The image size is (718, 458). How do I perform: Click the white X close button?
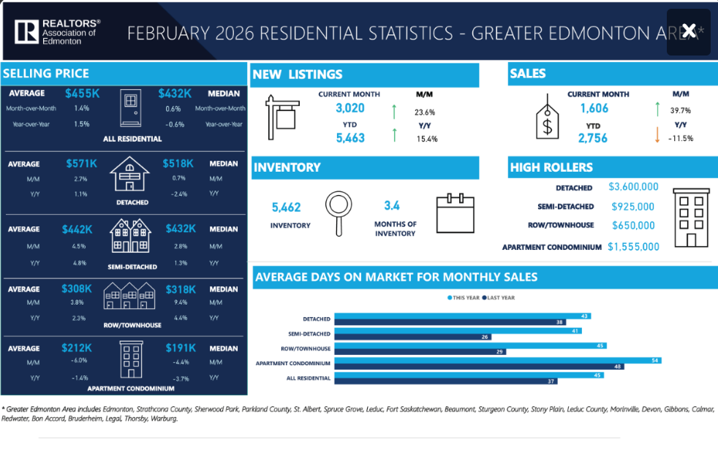tap(688, 31)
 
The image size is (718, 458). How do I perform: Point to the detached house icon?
tap(129, 174)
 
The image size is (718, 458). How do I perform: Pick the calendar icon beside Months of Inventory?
tap(456, 213)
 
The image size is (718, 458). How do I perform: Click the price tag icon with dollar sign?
tap(548, 118)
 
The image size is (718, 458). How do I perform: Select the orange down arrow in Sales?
tap(657, 135)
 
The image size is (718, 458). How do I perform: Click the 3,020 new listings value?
tap(349, 108)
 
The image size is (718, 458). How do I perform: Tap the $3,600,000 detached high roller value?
tap(633, 188)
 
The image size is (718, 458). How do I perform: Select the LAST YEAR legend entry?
tap(499, 298)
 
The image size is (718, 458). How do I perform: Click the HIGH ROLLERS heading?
tap(551, 167)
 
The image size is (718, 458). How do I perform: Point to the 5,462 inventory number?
tap(286, 208)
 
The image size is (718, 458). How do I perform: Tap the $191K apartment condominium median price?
tap(181, 348)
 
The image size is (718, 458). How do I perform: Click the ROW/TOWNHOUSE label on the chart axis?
tap(306, 348)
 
